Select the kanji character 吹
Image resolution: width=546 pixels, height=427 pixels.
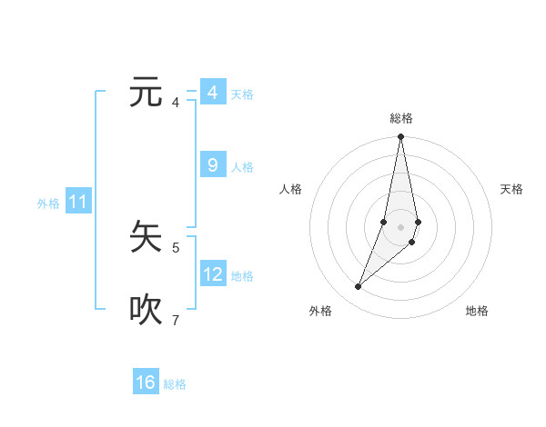(147, 310)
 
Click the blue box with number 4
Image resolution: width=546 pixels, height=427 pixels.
(213, 93)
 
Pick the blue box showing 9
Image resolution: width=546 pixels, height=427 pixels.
(213, 165)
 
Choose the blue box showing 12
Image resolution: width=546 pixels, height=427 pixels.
(213, 273)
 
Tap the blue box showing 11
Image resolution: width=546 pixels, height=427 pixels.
(78, 202)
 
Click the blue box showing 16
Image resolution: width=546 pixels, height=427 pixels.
(146, 382)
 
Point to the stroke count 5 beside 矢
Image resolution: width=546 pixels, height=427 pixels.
(176, 247)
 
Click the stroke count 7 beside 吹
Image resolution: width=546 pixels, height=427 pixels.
(176, 320)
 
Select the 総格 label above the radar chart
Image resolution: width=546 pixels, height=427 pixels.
(401, 118)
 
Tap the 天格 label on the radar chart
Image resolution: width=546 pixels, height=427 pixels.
(511, 189)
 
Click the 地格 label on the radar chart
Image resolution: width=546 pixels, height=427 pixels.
(477, 311)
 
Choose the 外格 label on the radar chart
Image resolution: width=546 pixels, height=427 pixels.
(320, 311)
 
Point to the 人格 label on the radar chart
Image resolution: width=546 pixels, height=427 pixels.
(291, 189)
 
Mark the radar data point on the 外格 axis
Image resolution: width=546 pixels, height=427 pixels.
(359, 287)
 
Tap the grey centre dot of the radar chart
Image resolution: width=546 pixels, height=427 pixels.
(401, 226)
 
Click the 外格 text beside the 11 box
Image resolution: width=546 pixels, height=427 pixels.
(48, 204)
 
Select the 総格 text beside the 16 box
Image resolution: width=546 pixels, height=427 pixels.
(175, 384)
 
